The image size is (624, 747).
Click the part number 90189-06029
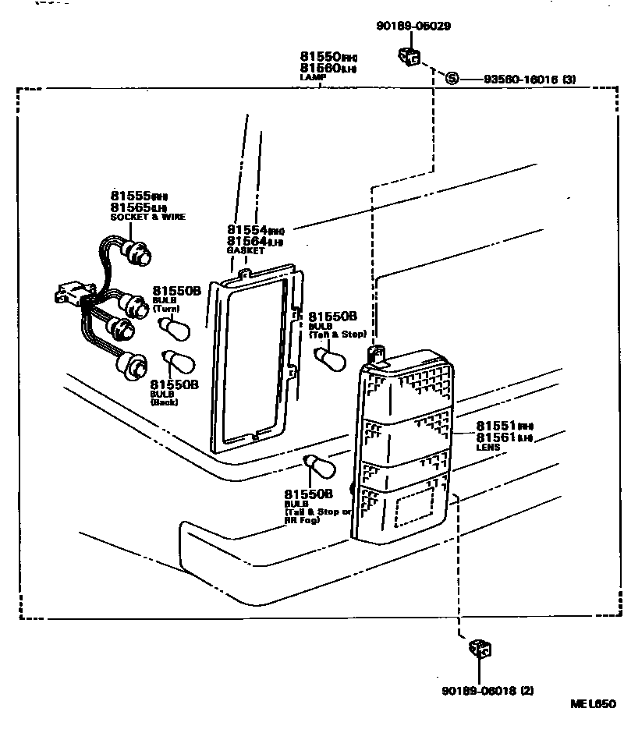click(x=413, y=27)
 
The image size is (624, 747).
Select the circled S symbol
click(x=451, y=78)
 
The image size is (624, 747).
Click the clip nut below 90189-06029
click(x=409, y=56)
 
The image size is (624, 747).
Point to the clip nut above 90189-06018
click(x=479, y=648)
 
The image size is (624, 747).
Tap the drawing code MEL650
click(x=593, y=704)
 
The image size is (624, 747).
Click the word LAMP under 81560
click(x=311, y=78)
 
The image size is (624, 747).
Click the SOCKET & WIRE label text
click(x=148, y=217)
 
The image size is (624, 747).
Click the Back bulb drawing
click(x=179, y=363)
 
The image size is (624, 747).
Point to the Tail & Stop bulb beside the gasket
click(x=329, y=357)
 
